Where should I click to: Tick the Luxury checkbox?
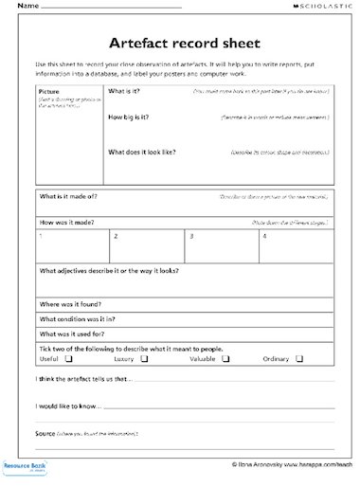pyautogui.click(x=144, y=359)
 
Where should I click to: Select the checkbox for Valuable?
pyautogui.click(x=225, y=359)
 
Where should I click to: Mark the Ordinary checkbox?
pyautogui.click(x=298, y=359)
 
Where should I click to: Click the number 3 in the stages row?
pyautogui.click(x=190, y=234)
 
